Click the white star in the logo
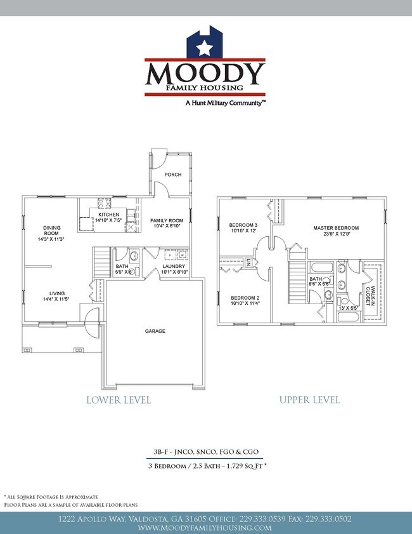(204, 47)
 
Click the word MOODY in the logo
(205, 74)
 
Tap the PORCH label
(172, 175)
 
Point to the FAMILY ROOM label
(166, 221)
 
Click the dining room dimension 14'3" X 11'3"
(52, 240)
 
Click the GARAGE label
(155, 331)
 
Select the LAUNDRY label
(173, 266)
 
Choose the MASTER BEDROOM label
(336, 228)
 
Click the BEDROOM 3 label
(243, 225)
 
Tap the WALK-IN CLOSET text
(369, 291)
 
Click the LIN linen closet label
(249, 262)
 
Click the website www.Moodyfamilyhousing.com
(205, 528)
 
